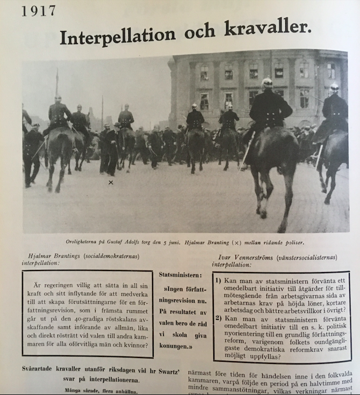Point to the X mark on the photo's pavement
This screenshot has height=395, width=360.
[111, 183]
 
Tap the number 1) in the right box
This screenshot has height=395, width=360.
[219, 281]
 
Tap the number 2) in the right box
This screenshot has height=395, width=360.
[219, 318]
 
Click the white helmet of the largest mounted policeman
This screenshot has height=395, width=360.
[267, 82]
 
